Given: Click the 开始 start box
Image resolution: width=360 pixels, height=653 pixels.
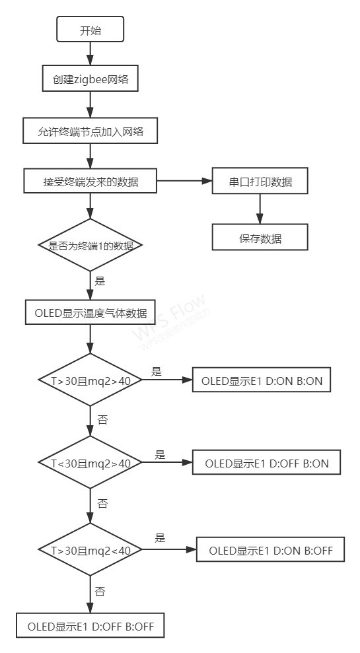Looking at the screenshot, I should click(90, 30).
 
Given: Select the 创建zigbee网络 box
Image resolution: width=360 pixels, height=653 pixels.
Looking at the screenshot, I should click(90, 79).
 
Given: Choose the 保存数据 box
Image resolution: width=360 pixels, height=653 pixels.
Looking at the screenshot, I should click(260, 238).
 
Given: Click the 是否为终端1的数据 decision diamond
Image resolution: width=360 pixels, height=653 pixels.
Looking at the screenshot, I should click(90, 245).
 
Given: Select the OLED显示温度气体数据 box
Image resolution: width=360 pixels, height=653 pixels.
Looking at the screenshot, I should click(90, 312).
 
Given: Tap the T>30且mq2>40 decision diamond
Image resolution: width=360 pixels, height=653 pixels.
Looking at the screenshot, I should click(90, 381).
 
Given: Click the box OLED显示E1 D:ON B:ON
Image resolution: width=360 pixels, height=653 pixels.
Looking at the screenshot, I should click(261, 381).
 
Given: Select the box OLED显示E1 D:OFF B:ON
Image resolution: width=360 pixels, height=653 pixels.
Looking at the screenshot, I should click(266, 464).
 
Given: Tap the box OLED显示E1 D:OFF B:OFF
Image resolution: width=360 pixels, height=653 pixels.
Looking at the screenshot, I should click(90, 626).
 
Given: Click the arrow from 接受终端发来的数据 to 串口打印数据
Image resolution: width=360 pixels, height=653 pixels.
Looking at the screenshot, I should click(185, 180).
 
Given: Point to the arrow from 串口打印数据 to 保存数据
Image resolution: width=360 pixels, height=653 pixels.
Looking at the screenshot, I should click(260, 209).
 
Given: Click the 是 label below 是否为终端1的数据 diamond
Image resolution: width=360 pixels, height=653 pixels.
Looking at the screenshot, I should click(100, 281).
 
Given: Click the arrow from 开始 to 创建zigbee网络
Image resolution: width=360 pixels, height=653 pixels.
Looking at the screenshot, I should click(90, 54).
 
